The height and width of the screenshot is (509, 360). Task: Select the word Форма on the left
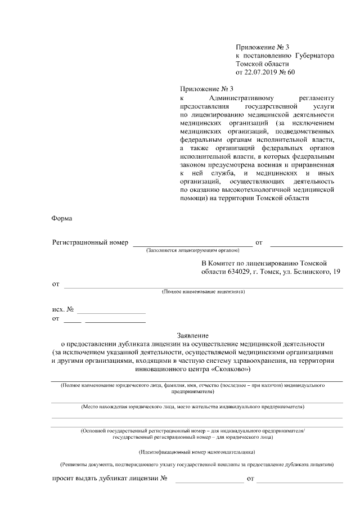pyautogui.click(x=62, y=218)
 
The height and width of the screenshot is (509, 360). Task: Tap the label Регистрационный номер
pyautogui.click(x=90, y=242)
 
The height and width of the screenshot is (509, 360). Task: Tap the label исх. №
pyautogui.click(x=63, y=309)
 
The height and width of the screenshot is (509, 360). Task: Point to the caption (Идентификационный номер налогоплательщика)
pyautogui.click(x=197, y=452)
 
